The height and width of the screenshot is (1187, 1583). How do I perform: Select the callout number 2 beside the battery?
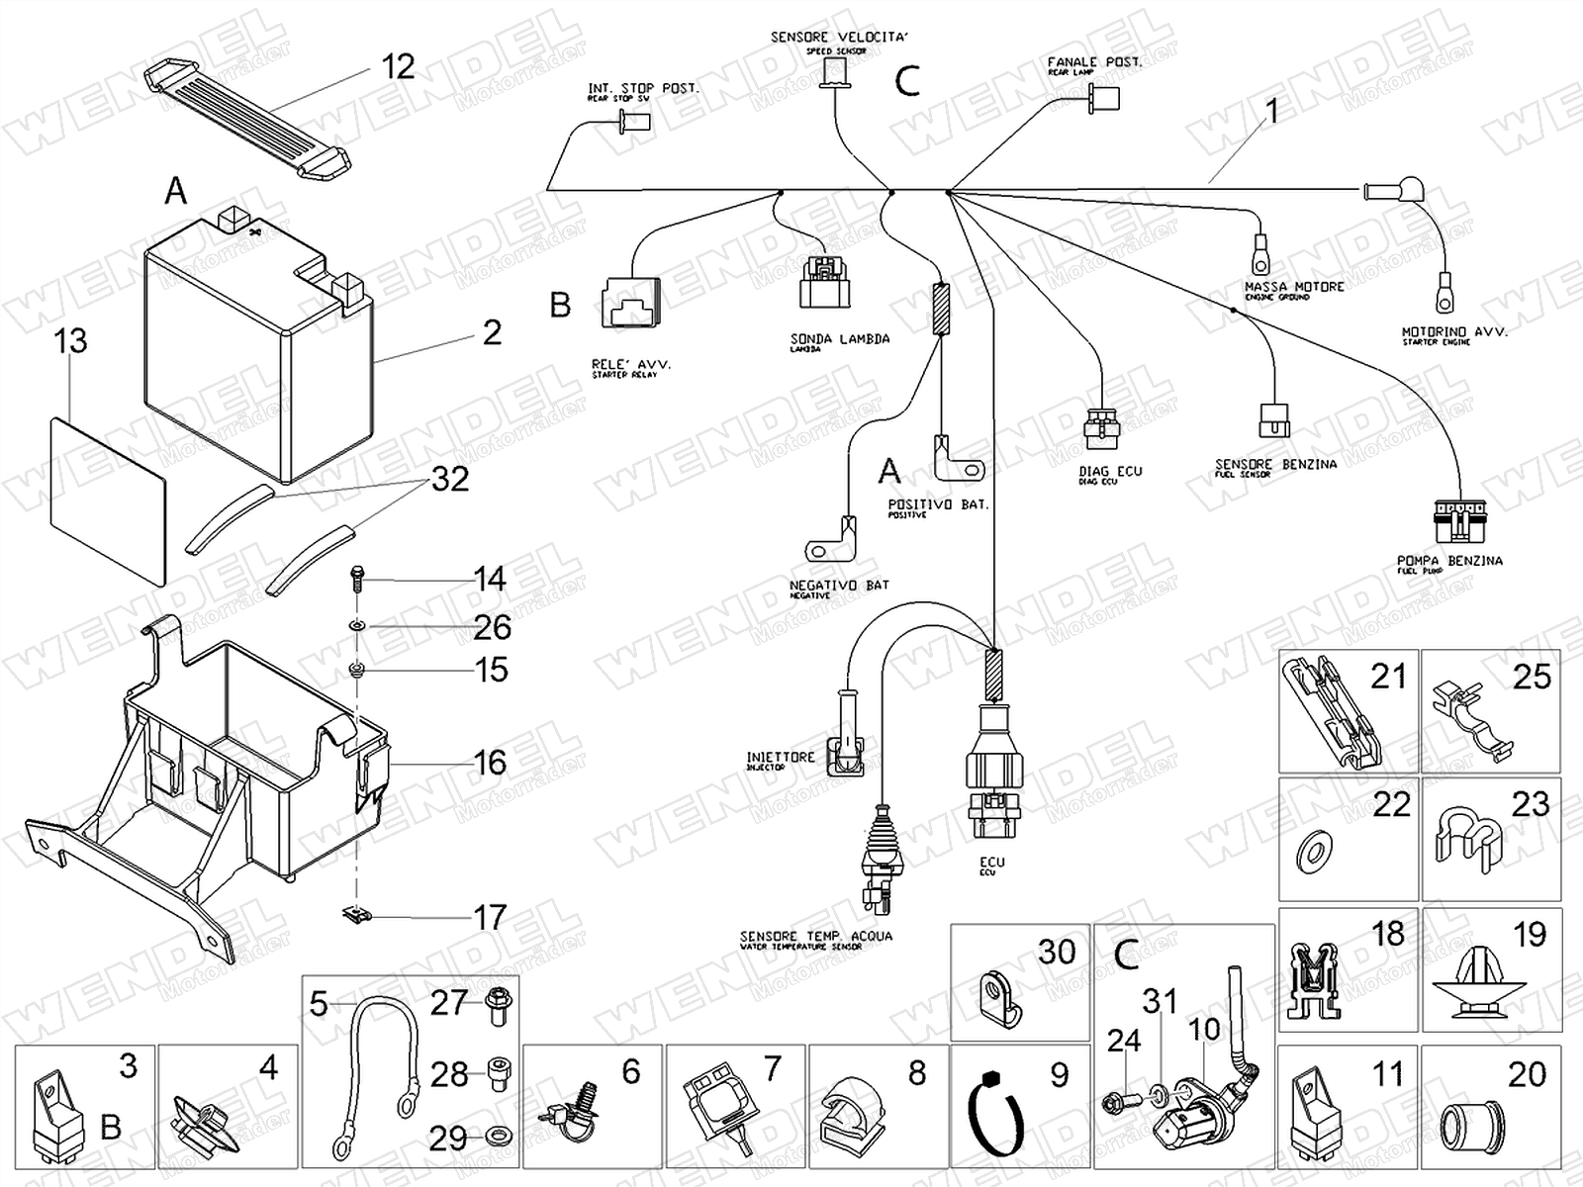(x=492, y=332)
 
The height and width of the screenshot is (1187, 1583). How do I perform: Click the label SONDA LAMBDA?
(x=839, y=339)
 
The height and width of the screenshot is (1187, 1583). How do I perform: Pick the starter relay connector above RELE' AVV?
(x=629, y=301)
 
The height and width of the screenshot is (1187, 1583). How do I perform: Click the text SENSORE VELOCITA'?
(x=838, y=38)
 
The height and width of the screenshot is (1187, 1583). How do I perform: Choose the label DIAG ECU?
(x=1110, y=472)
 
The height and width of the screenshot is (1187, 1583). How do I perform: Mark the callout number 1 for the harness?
(x=1272, y=111)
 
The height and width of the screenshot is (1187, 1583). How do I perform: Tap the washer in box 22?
(x=1314, y=847)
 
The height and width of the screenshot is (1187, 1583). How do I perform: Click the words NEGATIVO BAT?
(x=839, y=586)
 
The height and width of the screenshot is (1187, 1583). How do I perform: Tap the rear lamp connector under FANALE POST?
(x=1104, y=98)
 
